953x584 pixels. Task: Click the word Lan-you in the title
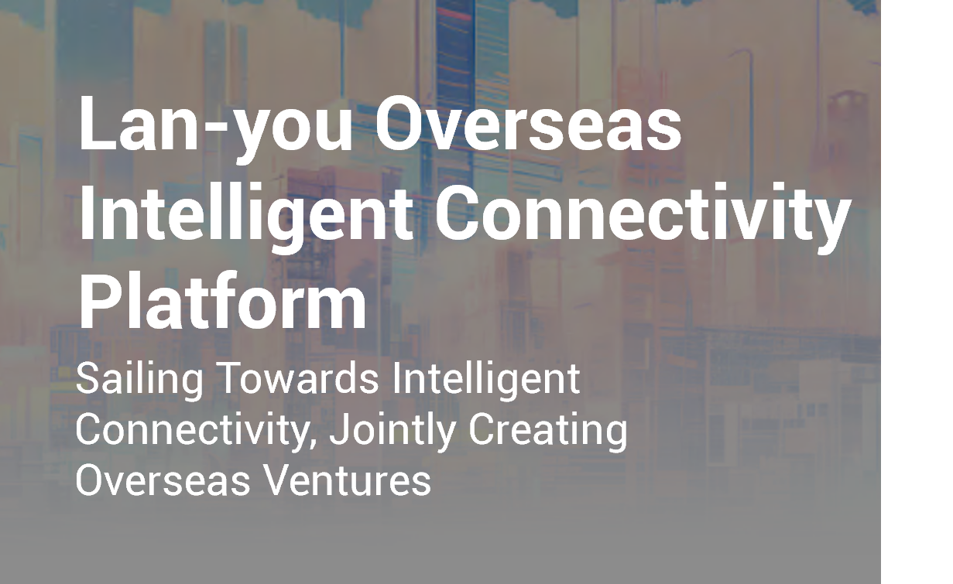pyautogui.click(x=216, y=128)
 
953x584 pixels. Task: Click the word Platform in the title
pyautogui.click(x=222, y=301)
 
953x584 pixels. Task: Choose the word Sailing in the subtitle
pyautogui.click(x=140, y=381)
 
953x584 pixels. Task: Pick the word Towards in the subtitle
pyautogui.click(x=300, y=378)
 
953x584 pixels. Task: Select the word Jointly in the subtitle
pyautogui.click(x=393, y=432)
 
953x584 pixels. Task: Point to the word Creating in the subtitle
pyautogui.click(x=548, y=432)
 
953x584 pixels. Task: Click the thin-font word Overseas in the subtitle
pyautogui.click(x=163, y=480)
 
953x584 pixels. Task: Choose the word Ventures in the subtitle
pyautogui.click(x=348, y=480)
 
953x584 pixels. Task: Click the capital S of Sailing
pyautogui.click(x=88, y=379)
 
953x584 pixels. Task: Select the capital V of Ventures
pyautogui.click(x=279, y=480)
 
